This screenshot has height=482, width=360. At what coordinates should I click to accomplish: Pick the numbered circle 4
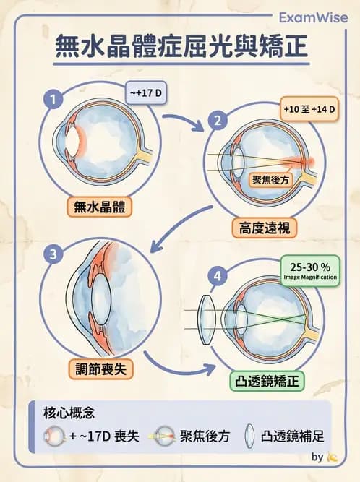click(x=215, y=275)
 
